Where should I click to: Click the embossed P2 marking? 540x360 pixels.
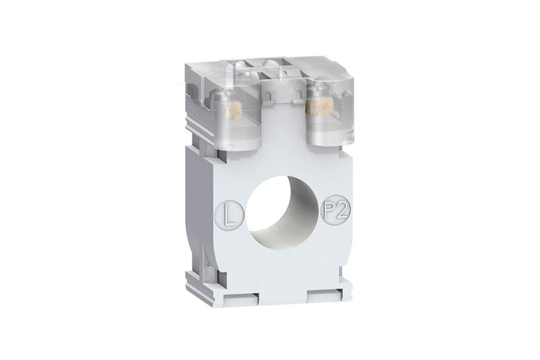(337, 211)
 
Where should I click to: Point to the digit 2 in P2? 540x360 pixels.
(342, 211)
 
